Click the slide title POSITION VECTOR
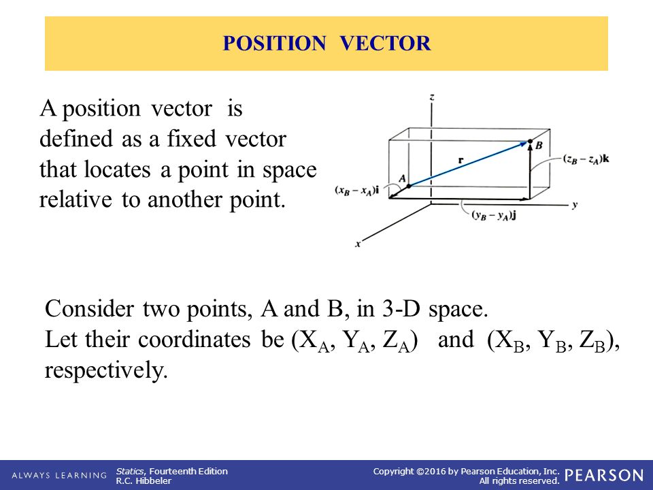[326, 44]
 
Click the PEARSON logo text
[603, 475]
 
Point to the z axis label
[432, 97]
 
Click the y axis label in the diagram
[575, 204]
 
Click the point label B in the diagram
[539, 146]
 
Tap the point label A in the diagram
[402, 178]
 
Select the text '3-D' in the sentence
[397, 308]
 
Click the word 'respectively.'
[105, 371]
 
